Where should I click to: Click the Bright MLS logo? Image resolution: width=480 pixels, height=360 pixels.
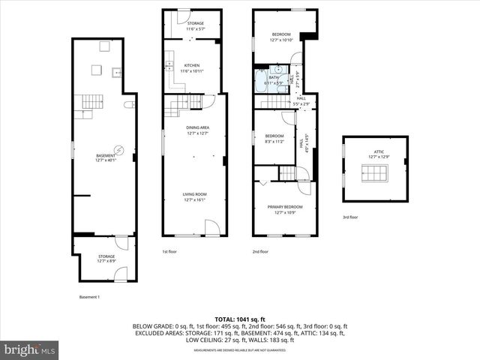pyautogui.click(x=30, y=349)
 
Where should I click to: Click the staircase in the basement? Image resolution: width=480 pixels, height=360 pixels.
pyautogui.click(x=93, y=101)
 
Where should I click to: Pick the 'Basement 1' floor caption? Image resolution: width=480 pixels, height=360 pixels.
pyautogui.click(x=89, y=297)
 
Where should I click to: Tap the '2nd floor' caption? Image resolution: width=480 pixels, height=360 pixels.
pyautogui.click(x=260, y=251)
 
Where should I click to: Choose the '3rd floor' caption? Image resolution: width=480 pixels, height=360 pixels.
pyautogui.click(x=350, y=217)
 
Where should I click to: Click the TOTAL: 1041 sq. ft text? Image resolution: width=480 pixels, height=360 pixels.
pyautogui.click(x=240, y=319)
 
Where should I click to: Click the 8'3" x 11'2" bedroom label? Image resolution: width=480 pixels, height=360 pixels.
pyautogui.click(x=274, y=138)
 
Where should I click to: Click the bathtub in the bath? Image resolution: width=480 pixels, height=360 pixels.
pyautogui.click(x=261, y=82)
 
